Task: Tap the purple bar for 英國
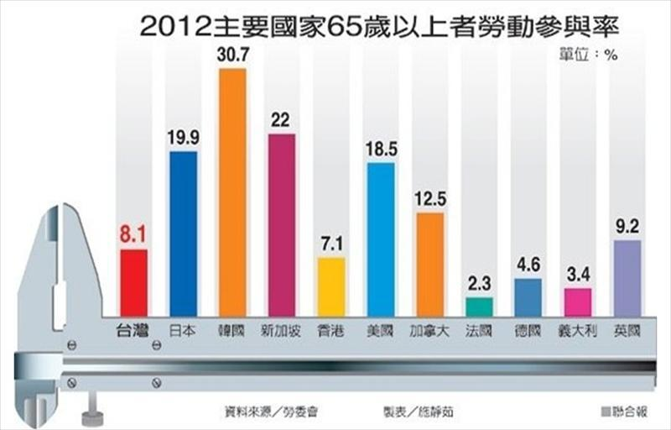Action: [x=627, y=278]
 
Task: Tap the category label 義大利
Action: [x=577, y=330]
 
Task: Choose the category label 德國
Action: [x=528, y=330]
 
